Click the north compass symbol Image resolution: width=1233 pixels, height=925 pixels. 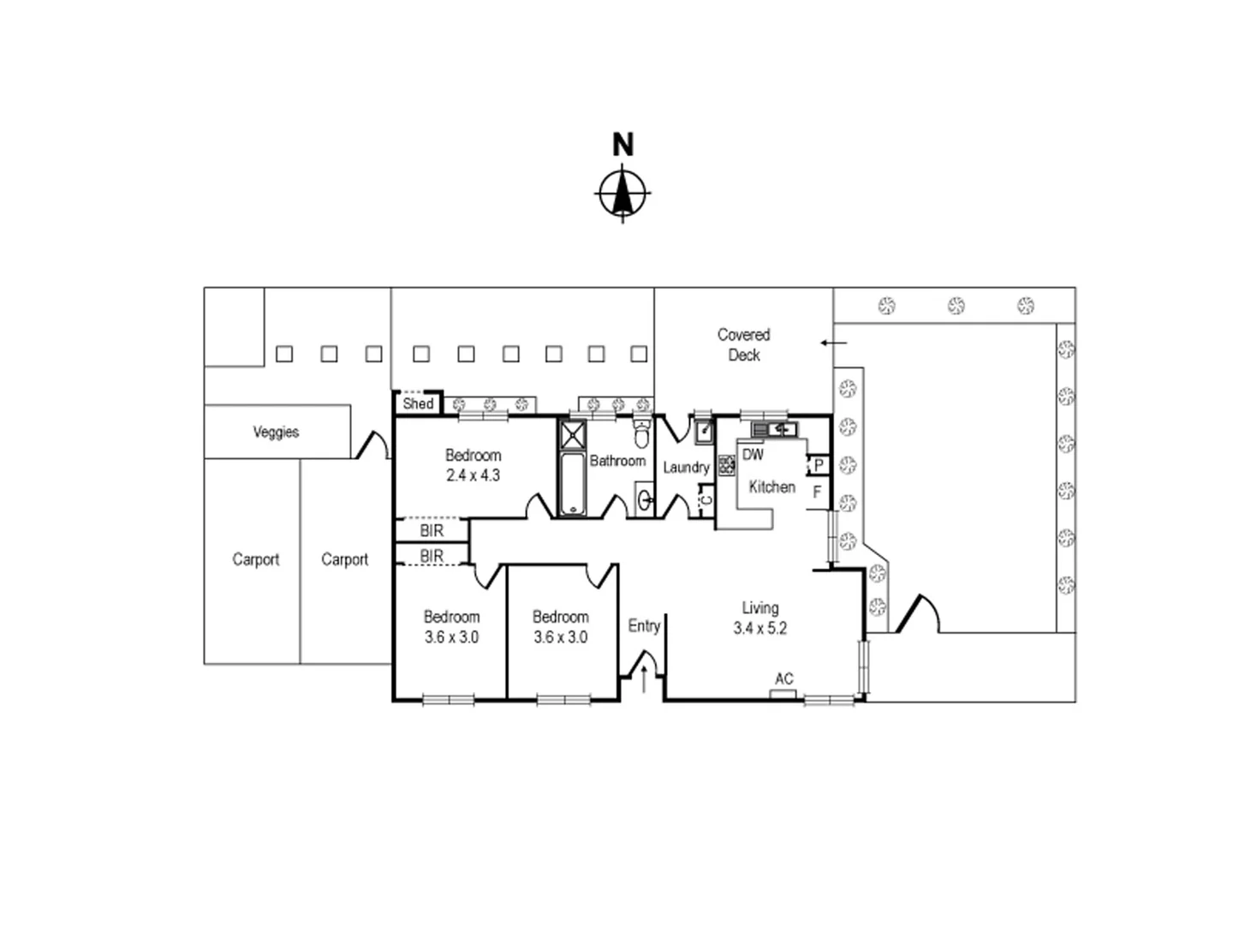pos(622,194)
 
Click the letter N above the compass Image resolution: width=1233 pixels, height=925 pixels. pos(622,145)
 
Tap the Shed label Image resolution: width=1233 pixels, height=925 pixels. pos(418,403)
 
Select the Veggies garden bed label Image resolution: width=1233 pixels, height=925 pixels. pos(276,432)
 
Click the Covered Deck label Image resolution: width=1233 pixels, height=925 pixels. pos(743,344)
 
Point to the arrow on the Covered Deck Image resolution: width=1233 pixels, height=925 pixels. pos(833,343)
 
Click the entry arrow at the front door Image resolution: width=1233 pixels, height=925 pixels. pos(644,679)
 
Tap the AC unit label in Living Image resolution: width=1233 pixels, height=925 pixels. pos(783,679)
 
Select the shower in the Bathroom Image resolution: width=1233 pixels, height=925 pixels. pos(572,434)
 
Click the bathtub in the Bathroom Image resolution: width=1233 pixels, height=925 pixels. pos(572,484)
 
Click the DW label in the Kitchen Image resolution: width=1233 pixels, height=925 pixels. pos(753,455)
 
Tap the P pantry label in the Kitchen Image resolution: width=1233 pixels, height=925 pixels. pos(819,465)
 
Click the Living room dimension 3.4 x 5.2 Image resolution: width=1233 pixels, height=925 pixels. pos(759,628)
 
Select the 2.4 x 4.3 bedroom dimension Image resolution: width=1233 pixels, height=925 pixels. pos(473,475)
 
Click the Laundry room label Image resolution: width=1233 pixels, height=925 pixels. pos(686,467)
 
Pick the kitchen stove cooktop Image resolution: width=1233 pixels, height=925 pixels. pos(727,466)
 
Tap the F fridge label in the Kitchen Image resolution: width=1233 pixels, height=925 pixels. pos(817,492)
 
